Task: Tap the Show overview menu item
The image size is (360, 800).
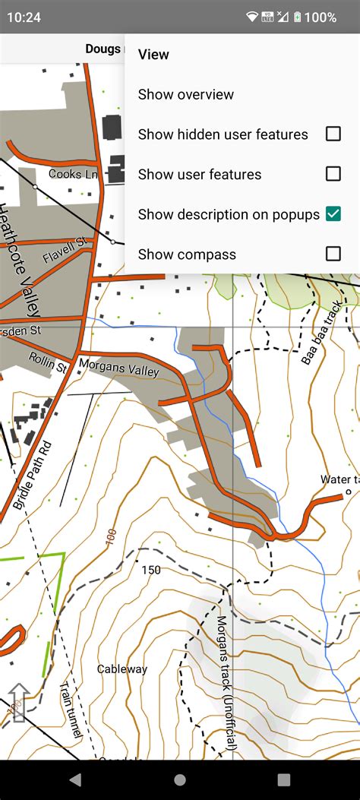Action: click(186, 95)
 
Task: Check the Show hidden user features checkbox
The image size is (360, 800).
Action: click(333, 134)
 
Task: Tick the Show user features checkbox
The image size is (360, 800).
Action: click(333, 175)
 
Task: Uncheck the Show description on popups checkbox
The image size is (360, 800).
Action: click(333, 214)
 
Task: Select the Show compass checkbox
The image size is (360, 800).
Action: click(333, 254)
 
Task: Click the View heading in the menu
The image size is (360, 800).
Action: click(153, 55)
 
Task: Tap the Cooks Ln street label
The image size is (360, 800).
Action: click(73, 174)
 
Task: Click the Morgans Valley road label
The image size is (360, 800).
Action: click(118, 367)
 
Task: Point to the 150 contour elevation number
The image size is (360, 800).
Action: click(151, 570)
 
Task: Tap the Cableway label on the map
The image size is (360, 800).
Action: click(122, 669)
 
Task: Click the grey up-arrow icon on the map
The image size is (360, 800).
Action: click(19, 700)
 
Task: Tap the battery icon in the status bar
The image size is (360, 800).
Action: click(297, 17)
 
